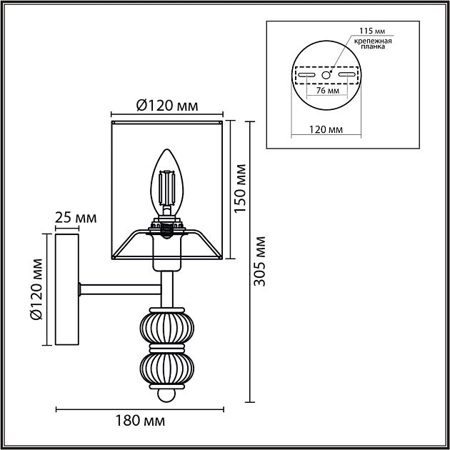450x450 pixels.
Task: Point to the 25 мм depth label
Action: [76, 216]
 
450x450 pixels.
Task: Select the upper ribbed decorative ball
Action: [166, 327]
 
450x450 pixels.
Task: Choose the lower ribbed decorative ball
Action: [166, 368]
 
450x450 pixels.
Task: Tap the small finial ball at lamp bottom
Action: [166, 394]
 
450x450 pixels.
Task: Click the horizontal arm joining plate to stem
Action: [121, 289]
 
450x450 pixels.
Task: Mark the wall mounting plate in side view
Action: [66, 289]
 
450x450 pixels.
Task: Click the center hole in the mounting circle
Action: [326, 74]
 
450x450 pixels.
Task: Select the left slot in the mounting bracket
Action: [306, 74]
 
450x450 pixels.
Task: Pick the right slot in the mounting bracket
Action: [348, 74]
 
